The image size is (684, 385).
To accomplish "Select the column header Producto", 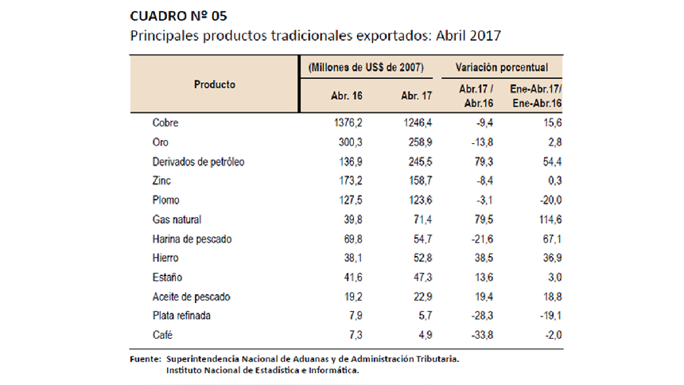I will pyautogui.click(x=214, y=84).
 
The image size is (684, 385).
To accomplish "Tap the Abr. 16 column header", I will pyautogui.click(x=346, y=95).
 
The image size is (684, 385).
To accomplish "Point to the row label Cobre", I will pyautogui.click(x=165, y=123).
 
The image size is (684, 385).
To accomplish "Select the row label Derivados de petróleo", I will pyautogui.click(x=197, y=161).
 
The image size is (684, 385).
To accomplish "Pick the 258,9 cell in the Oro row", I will pyautogui.click(x=417, y=142).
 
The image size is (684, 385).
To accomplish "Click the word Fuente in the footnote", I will pyautogui.click(x=144, y=360).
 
